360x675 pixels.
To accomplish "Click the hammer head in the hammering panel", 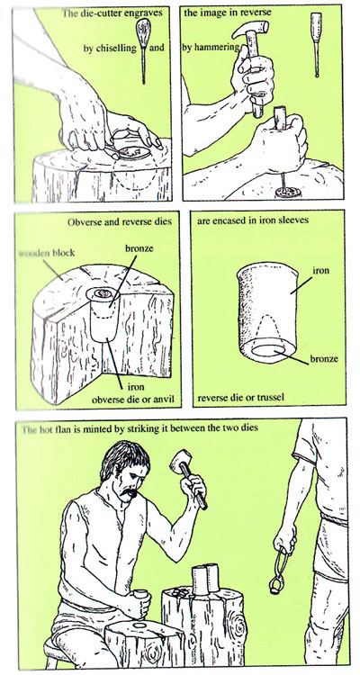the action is tap(250, 30).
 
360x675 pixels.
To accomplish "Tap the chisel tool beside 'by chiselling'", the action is tap(142, 50).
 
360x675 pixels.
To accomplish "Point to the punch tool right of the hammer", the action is tap(317, 44).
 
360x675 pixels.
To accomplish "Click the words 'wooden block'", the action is tap(47, 253).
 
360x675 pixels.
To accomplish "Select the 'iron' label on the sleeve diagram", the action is tap(321, 271).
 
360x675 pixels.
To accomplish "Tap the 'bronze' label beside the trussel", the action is tap(324, 358).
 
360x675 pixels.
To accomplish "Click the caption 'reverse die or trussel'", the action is tap(240, 397).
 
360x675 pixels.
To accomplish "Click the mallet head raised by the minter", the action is tap(181, 460).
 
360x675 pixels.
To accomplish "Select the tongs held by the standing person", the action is tap(280, 570).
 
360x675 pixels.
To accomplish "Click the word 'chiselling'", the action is tap(116, 49).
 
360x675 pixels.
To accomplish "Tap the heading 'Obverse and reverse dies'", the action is tap(120, 222).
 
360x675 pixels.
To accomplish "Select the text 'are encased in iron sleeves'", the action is tap(253, 221).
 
